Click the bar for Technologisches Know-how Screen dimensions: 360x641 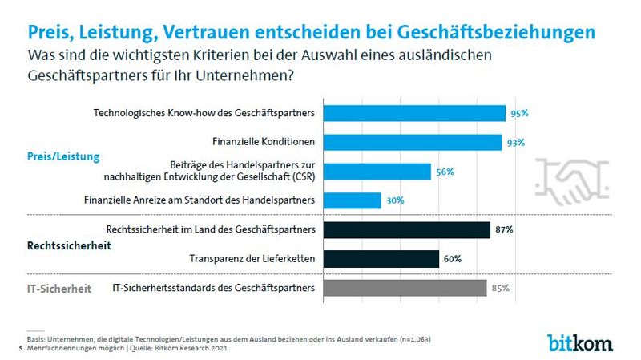(412, 113)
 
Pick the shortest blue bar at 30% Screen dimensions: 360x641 (349, 200)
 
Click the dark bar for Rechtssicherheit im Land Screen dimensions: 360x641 (404, 230)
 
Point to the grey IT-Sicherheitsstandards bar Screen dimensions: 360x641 (402, 288)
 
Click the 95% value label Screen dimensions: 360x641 (519, 114)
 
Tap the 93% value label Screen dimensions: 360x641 (516, 143)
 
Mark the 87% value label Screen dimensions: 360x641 (504, 230)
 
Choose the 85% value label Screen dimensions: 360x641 (500, 288)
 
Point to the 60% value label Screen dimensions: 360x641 (453, 259)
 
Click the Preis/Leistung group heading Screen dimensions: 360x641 (63, 156)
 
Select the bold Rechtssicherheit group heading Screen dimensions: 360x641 (63, 245)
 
